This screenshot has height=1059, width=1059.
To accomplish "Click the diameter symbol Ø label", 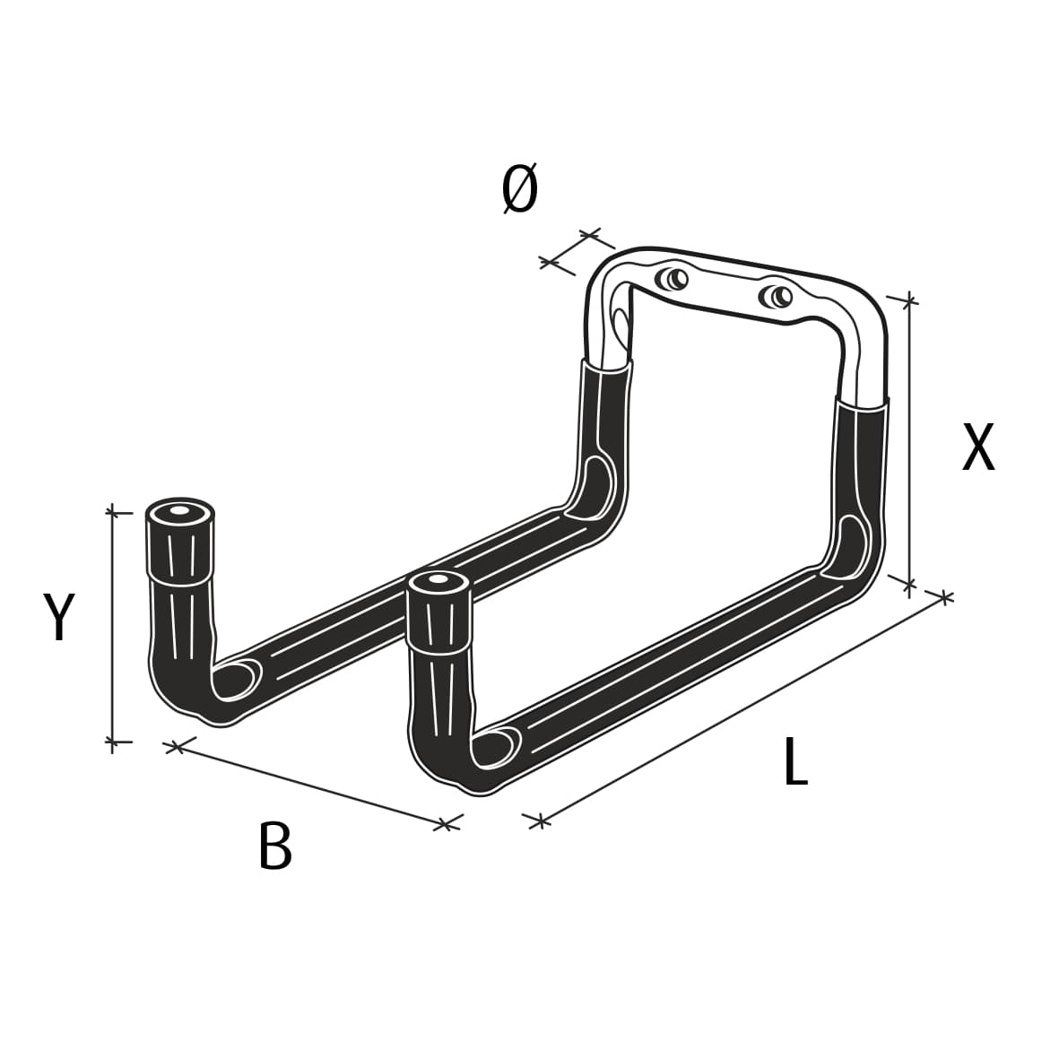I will [x=520, y=190].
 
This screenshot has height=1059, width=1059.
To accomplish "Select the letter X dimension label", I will [x=978, y=447].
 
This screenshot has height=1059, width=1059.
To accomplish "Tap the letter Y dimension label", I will [x=59, y=618].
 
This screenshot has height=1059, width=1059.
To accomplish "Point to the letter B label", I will [x=274, y=846].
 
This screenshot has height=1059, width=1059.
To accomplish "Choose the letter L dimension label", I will [x=795, y=763].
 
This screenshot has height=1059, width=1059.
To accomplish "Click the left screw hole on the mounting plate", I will [x=673, y=279].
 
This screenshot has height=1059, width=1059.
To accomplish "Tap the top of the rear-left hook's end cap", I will [x=180, y=510].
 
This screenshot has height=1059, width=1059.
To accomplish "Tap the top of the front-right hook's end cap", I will [x=438, y=583].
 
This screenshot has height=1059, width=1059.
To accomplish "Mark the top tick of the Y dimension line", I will [x=112, y=512].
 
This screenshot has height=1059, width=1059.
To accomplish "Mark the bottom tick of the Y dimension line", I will [x=112, y=742].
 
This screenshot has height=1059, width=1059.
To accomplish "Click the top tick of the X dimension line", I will [x=909, y=299].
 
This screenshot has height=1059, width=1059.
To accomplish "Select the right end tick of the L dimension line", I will [x=944, y=596].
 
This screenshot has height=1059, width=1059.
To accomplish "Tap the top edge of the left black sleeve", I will [x=607, y=365].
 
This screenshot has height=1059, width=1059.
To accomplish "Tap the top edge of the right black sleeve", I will [x=863, y=405].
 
